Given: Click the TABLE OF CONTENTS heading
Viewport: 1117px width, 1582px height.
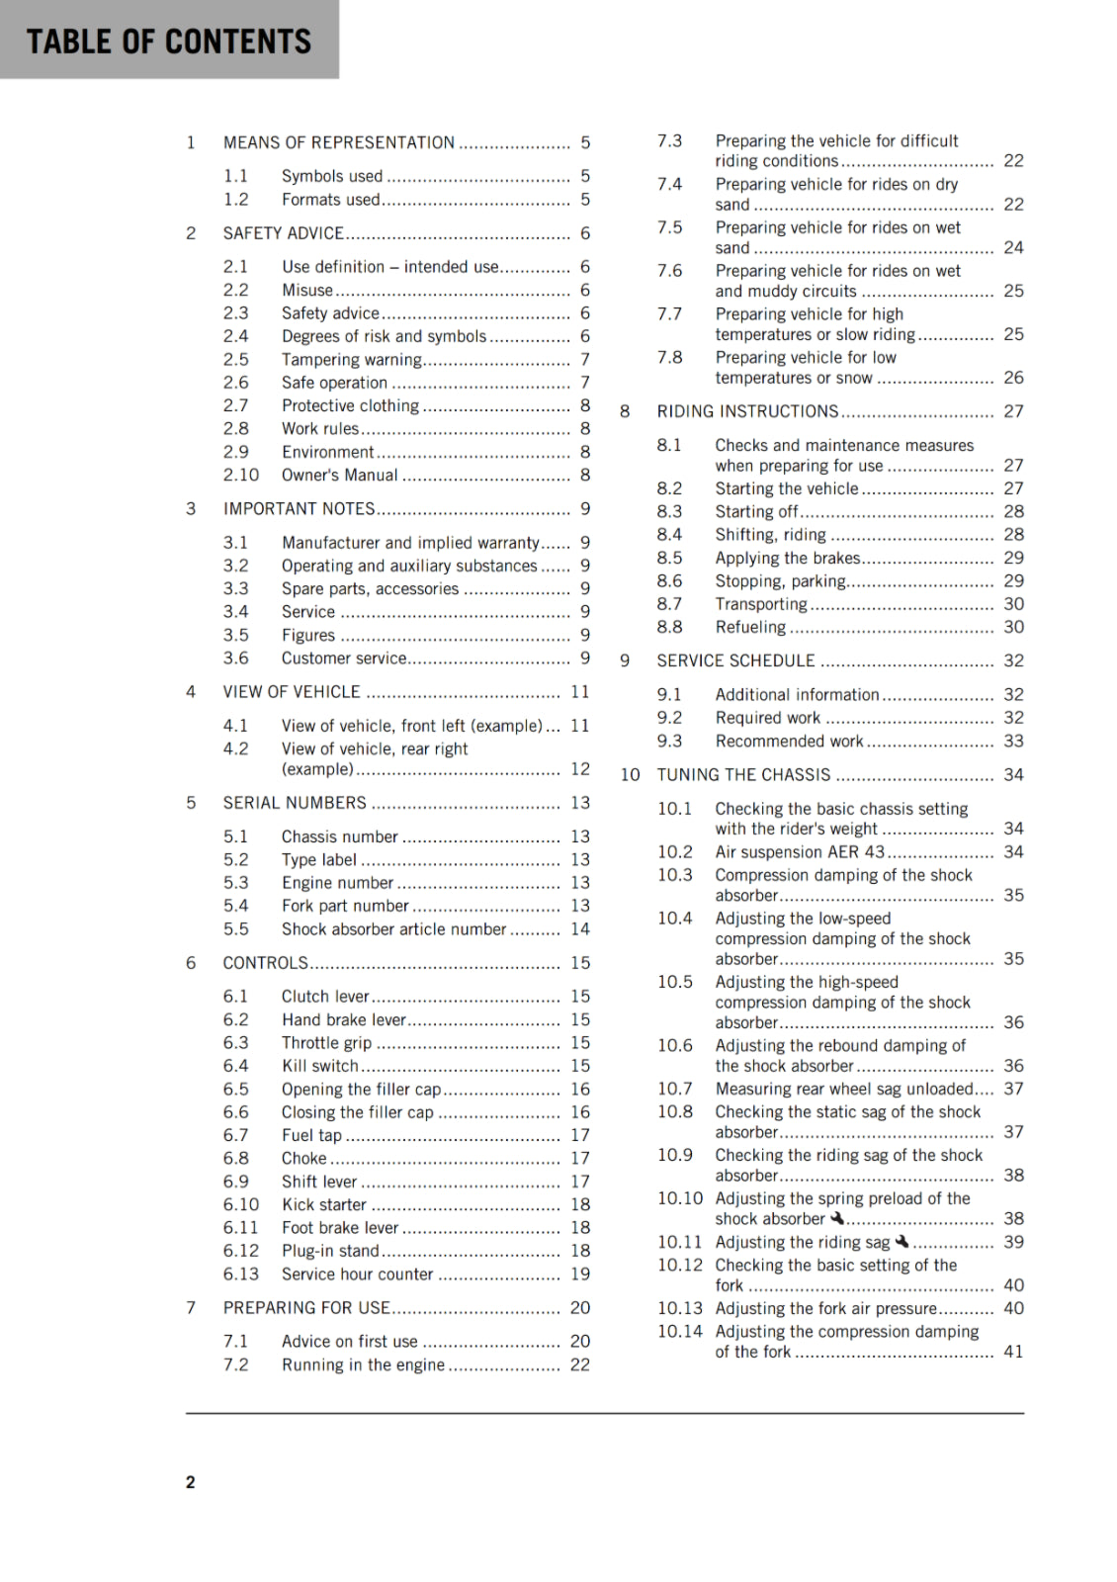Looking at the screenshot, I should pyautogui.click(x=169, y=42).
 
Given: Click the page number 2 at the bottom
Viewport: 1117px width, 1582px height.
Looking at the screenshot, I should pyautogui.click(x=191, y=1481).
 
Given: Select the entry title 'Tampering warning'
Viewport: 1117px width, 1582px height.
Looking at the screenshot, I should pyautogui.click(x=351, y=360).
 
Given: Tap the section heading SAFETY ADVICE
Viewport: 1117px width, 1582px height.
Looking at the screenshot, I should pyautogui.click(x=283, y=233).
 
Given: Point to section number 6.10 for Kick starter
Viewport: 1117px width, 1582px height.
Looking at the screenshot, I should pyautogui.click(x=241, y=1204).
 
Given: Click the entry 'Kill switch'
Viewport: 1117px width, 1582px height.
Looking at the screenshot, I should pyautogui.click(x=319, y=1066).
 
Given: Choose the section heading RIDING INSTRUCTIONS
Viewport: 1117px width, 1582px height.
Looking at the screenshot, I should pyautogui.click(x=747, y=411).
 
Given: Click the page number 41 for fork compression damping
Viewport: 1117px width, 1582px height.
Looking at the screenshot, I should pyautogui.click(x=1013, y=1352).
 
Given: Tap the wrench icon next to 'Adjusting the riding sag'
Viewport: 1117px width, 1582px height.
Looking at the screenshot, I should pyautogui.click(x=902, y=1241).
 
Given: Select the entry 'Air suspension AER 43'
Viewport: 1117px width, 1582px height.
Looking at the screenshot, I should pyautogui.click(x=800, y=852).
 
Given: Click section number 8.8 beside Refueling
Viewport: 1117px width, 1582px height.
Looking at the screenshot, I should pyautogui.click(x=669, y=627).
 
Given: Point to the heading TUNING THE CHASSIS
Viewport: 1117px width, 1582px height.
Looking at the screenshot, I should pyautogui.click(x=743, y=775).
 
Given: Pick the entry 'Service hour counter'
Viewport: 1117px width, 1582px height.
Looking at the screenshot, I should pyautogui.click(x=357, y=1274).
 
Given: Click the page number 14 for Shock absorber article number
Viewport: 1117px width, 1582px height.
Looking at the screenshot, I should pyautogui.click(x=580, y=929).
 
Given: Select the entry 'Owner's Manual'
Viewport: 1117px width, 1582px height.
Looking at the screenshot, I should pyautogui.click(x=339, y=476).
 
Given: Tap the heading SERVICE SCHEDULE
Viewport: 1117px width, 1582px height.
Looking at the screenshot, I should pyautogui.click(x=735, y=660).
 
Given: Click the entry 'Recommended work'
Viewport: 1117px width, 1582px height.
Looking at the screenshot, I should pyautogui.click(x=789, y=742).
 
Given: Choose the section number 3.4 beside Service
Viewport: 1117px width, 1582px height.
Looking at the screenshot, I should pyautogui.click(x=235, y=612).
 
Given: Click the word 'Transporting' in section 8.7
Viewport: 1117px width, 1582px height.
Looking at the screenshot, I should pyautogui.click(x=761, y=604).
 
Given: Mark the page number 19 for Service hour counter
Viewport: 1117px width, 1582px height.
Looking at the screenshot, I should pyautogui.click(x=580, y=1274).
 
